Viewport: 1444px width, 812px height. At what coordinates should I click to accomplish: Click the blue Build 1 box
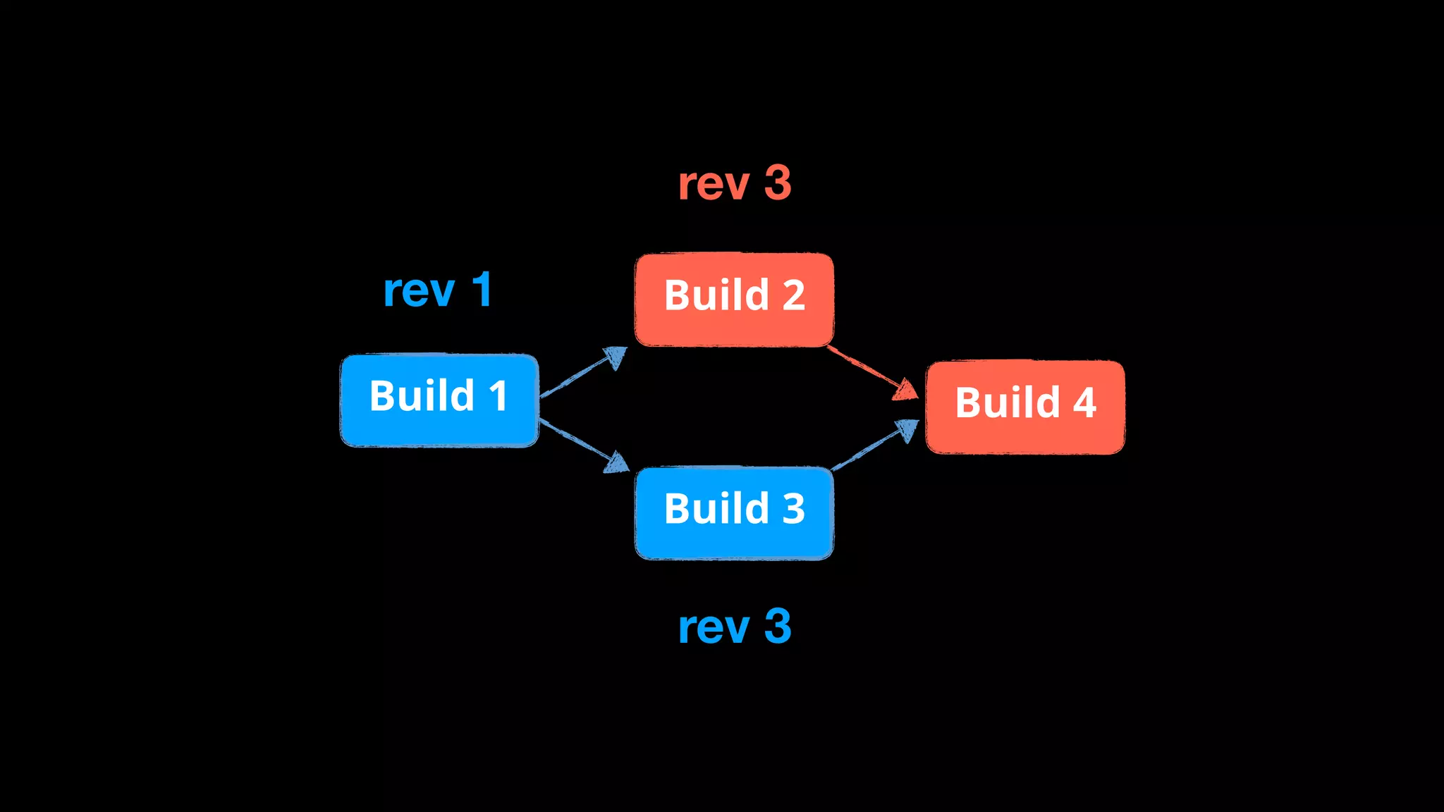[439, 400]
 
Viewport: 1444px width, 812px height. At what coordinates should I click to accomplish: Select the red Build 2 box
[734, 300]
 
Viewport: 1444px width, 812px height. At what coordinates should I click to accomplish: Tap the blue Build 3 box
[734, 513]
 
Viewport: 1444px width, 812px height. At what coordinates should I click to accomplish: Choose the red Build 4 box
[1024, 407]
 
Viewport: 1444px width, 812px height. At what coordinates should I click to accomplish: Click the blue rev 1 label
[437, 290]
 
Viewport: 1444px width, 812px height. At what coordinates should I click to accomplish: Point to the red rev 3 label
[734, 183]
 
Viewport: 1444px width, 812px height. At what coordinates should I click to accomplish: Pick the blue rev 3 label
[734, 627]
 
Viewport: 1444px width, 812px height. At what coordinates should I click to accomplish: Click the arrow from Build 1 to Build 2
[582, 373]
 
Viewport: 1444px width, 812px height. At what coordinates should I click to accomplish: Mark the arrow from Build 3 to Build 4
[874, 446]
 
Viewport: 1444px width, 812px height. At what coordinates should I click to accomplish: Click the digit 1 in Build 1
[498, 395]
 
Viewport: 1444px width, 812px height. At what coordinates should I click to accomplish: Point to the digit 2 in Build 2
[793, 295]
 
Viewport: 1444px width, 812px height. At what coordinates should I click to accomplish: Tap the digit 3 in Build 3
[793, 508]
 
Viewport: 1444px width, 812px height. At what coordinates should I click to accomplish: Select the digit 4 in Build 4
[1084, 402]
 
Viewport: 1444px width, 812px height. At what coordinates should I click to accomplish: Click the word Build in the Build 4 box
[1008, 402]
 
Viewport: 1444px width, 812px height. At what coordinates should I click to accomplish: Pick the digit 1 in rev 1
[482, 290]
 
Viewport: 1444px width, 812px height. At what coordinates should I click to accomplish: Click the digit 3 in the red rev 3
[778, 183]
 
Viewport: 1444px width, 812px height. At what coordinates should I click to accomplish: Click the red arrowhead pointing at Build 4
[907, 390]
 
